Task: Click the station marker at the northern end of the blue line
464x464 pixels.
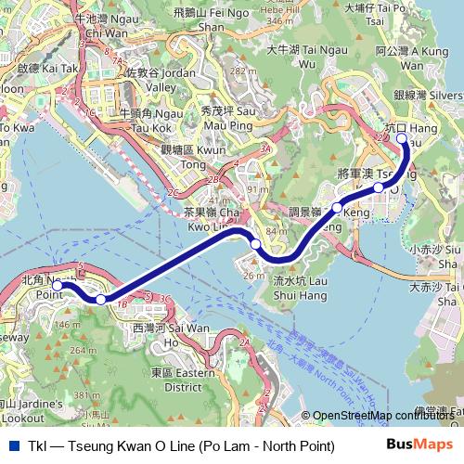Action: pos(402,139)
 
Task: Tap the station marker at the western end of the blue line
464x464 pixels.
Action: pos(58,286)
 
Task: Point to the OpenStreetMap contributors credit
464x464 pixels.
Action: pos(382,416)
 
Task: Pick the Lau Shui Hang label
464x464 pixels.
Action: pos(299,287)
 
